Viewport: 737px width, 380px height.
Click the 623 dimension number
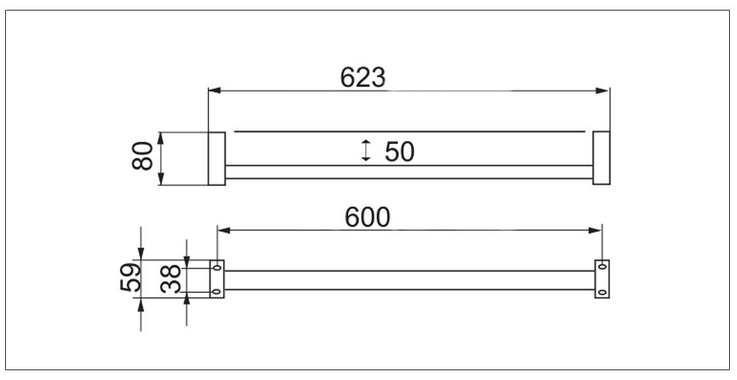tap(363, 77)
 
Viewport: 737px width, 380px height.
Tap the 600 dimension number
tap(367, 218)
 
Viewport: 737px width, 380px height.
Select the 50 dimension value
tap(399, 152)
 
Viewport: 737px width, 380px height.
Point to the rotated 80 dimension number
tap(143, 156)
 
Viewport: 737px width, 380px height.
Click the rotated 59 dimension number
tap(130, 278)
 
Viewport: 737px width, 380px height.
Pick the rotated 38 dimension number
tap(170, 279)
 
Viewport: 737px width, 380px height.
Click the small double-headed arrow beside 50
tap(366, 150)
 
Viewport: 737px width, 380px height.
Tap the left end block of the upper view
tap(216, 159)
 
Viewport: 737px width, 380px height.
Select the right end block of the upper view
tap(601, 159)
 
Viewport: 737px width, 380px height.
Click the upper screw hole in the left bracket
tap(216, 268)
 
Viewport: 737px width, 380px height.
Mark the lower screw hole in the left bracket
tap(216, 292)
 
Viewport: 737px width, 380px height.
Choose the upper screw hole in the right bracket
tap(602, 267)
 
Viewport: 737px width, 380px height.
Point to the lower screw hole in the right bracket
tap(602, 292)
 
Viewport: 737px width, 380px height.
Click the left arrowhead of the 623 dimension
tap(214, 90)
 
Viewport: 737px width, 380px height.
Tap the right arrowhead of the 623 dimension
tap(603, 90)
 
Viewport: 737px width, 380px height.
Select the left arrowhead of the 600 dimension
tap(224, 230)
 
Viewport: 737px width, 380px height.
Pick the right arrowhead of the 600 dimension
tap(595, 230)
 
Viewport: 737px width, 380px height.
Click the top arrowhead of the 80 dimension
tap(161, 138)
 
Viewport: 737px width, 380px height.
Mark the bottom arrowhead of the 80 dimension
tap(161, 179)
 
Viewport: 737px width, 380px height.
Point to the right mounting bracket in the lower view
tap(602, 279)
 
